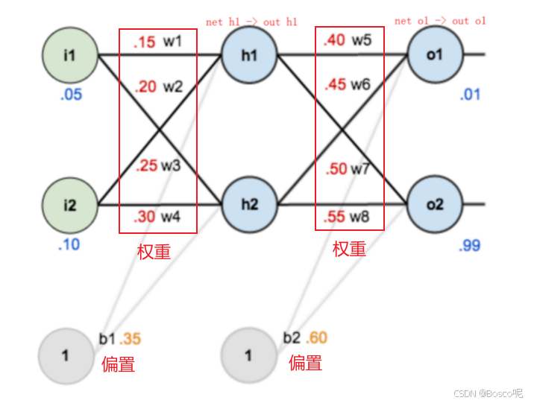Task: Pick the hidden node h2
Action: coord(249,204)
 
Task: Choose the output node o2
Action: coord(435,204)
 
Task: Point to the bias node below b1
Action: coord(65,355)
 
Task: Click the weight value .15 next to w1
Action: coord(145,42)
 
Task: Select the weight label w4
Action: coord(172,218)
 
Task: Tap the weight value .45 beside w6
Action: coord(336,85)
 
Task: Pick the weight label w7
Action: coord(360,169)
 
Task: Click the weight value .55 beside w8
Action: coord(336,218)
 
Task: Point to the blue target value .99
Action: coord(470,245)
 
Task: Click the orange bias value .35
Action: coord(131,340)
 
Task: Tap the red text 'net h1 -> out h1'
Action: coord(253,22)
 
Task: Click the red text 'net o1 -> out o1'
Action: coord(440,21)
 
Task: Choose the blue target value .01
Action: coord(471,95)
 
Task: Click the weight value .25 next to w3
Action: coord(146,165)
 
